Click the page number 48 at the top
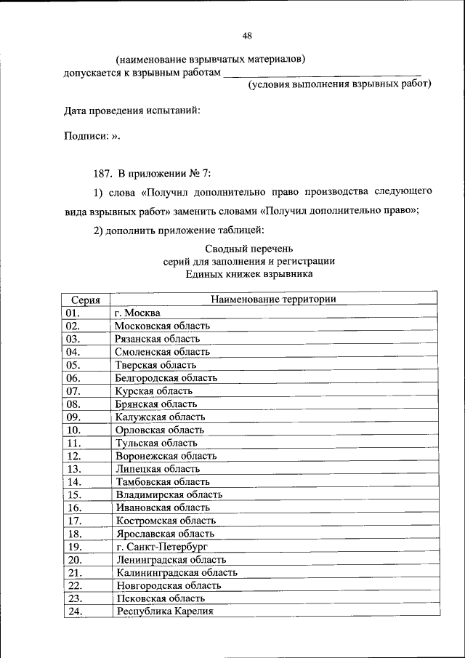click(246, 36)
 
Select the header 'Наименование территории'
click(273, 299)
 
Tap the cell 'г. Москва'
click(138, 313)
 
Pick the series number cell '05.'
click(73, 365)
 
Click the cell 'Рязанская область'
click(157, 339)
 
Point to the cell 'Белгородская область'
click(166, 378)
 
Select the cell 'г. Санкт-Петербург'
click(161, 547)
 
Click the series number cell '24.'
click(73, 611)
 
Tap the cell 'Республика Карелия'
click(164, 611)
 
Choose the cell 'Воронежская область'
click(166, 456)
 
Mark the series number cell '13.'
click(73, 469)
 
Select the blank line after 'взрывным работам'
click(321, 73)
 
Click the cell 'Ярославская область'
click(165, 534)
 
